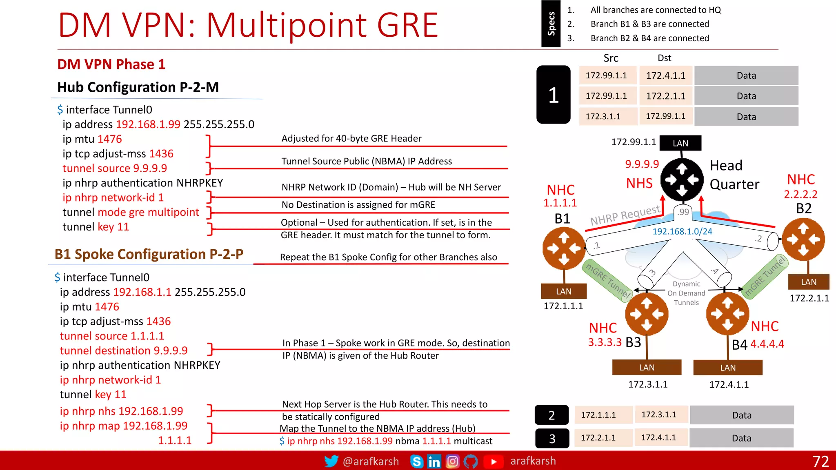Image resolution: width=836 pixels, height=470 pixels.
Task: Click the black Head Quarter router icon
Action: (682, 180)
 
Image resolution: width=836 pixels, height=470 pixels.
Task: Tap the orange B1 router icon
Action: (564, 248)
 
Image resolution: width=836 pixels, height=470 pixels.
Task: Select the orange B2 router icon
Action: (803, 239)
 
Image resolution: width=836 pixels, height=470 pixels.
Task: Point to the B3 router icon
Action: (647, 314)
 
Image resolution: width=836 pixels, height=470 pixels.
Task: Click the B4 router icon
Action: (728, 314)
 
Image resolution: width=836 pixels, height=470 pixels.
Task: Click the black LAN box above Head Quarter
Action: (680, 143)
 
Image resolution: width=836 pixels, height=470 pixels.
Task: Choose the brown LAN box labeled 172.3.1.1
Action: (647, 367)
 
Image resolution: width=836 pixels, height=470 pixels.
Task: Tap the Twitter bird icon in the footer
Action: (331, 461)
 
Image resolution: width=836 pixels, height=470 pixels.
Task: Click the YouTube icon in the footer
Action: (493, 461)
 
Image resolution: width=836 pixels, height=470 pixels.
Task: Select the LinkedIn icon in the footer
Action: (434, 461)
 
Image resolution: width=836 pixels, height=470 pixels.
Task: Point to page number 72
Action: (820, 461)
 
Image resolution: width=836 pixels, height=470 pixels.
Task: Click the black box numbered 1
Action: (553, 95)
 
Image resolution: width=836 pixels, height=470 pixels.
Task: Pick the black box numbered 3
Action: (552, 439)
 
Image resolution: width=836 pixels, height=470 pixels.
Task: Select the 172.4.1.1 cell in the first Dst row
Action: (666, 75)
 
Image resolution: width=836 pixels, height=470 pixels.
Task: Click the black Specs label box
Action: (551, 24)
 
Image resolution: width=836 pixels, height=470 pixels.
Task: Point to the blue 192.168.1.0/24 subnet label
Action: (682, 231)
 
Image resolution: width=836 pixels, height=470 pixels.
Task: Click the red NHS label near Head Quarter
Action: (639, 183)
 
